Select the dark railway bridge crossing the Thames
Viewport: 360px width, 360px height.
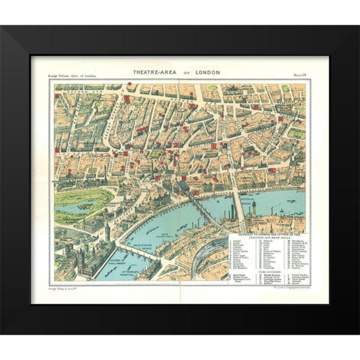click(196, 202)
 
